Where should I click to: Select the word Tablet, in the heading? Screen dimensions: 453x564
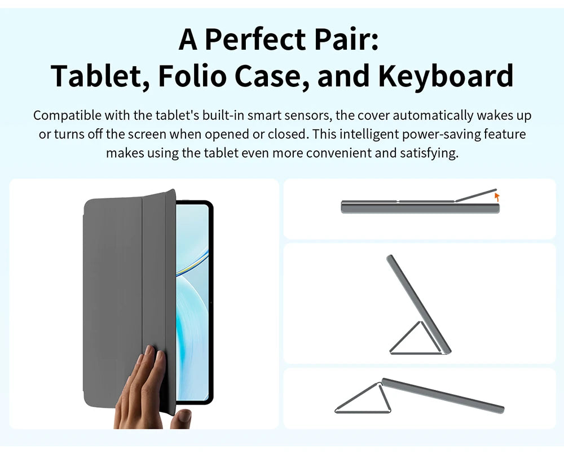click(99, 76)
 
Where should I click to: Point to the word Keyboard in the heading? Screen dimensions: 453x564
click(446, 76)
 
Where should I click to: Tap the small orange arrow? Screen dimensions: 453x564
click(497, 197)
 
